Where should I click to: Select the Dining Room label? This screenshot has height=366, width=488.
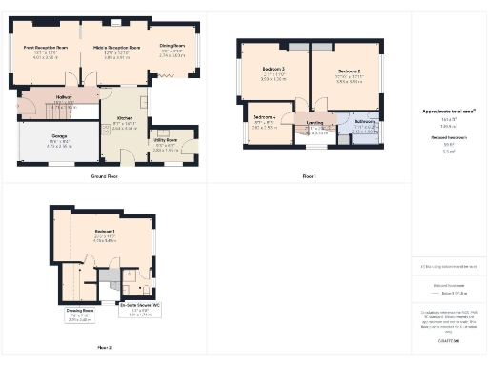[173, 46]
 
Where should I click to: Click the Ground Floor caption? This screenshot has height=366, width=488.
[104, 177]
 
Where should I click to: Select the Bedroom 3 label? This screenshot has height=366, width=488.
[274, 70]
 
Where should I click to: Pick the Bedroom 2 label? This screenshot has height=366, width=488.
[349, 71]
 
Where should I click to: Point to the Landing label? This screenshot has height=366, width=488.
[315, 123]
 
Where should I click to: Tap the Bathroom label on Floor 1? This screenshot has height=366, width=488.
[364, 122]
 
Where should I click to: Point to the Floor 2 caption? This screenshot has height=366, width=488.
[104, 349]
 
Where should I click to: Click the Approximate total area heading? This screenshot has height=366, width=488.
[448, 112]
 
